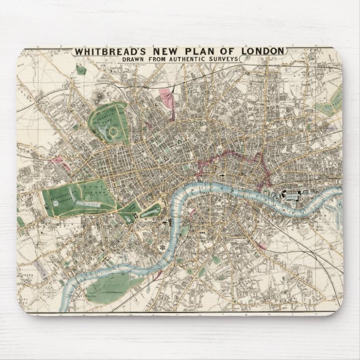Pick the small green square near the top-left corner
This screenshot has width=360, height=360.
click(82, 70)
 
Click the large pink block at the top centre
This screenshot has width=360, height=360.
click(167, 96)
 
